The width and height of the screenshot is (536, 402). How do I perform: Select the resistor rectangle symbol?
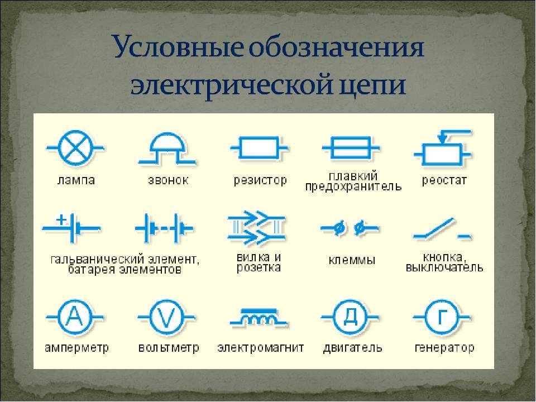259,148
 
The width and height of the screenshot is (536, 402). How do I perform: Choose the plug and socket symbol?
257,228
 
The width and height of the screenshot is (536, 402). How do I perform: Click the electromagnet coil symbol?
259,317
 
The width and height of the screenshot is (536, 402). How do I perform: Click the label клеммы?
352,260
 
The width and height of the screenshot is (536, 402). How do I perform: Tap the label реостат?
444,180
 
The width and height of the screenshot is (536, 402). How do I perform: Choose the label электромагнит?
261,348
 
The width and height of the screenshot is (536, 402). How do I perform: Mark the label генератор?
444,348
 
